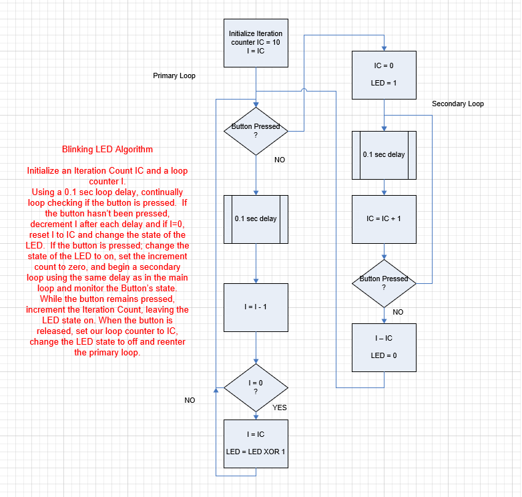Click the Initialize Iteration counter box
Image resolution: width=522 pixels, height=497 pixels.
tap(256, 42)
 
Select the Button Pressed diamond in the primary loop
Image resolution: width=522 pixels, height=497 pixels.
tap(256, 131)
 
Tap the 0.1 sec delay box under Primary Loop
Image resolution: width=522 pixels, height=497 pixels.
tap(256, 218)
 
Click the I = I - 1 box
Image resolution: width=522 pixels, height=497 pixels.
tap(256, 307)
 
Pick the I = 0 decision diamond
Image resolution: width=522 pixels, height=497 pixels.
tap(256, 387)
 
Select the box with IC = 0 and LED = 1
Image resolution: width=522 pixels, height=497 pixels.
tap(384, 74)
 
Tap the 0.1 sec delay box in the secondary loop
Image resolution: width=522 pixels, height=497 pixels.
tap(384, 154)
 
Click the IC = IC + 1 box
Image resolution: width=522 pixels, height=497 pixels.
tap(384, 218)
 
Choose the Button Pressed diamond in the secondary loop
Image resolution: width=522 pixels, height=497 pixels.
tap(384, 283)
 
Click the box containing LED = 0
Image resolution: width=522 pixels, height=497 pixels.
tap(384, 347)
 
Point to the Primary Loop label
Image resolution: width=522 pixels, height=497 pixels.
tap(174, 76)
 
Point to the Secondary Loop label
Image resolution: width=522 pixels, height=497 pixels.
tap(458, 104)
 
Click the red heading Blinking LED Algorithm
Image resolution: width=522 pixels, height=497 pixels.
tap(107, 149)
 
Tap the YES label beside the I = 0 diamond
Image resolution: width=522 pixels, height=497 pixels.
tap(280, 407)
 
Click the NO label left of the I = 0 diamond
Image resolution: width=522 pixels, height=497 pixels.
tap(190, 400)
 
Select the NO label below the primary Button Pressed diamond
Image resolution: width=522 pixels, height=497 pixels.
tap(280, 160)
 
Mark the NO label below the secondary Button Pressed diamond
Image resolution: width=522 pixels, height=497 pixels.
tap(398, 312)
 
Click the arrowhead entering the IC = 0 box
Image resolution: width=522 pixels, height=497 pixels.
tap(384, 48)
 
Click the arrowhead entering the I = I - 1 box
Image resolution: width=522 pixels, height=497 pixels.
tap(256, 281)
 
